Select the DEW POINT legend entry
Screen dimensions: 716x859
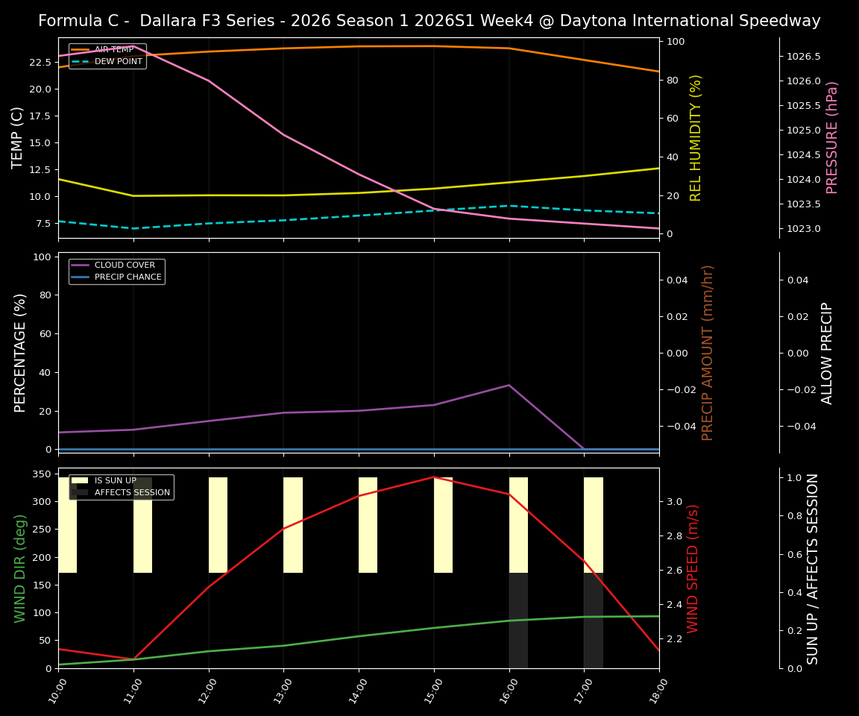(118, 62)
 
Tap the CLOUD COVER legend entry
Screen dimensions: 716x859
(125, 266)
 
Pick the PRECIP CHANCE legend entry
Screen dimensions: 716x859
(128, 277)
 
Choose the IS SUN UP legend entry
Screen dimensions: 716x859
(115, 481)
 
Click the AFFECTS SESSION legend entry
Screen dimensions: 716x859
(132, 493)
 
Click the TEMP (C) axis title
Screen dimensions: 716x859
(19, 137)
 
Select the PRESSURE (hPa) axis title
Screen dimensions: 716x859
(832, 137)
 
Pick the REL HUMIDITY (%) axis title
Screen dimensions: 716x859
(696, 137)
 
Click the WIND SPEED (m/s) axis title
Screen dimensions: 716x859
(693, 568)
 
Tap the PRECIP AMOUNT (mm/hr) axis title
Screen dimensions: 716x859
(708, 352)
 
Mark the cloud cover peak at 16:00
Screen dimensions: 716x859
(509, 385)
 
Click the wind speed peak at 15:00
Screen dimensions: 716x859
(434, 477)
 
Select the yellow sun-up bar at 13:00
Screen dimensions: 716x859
(293, 525)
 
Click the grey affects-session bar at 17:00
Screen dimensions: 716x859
(593, 621)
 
